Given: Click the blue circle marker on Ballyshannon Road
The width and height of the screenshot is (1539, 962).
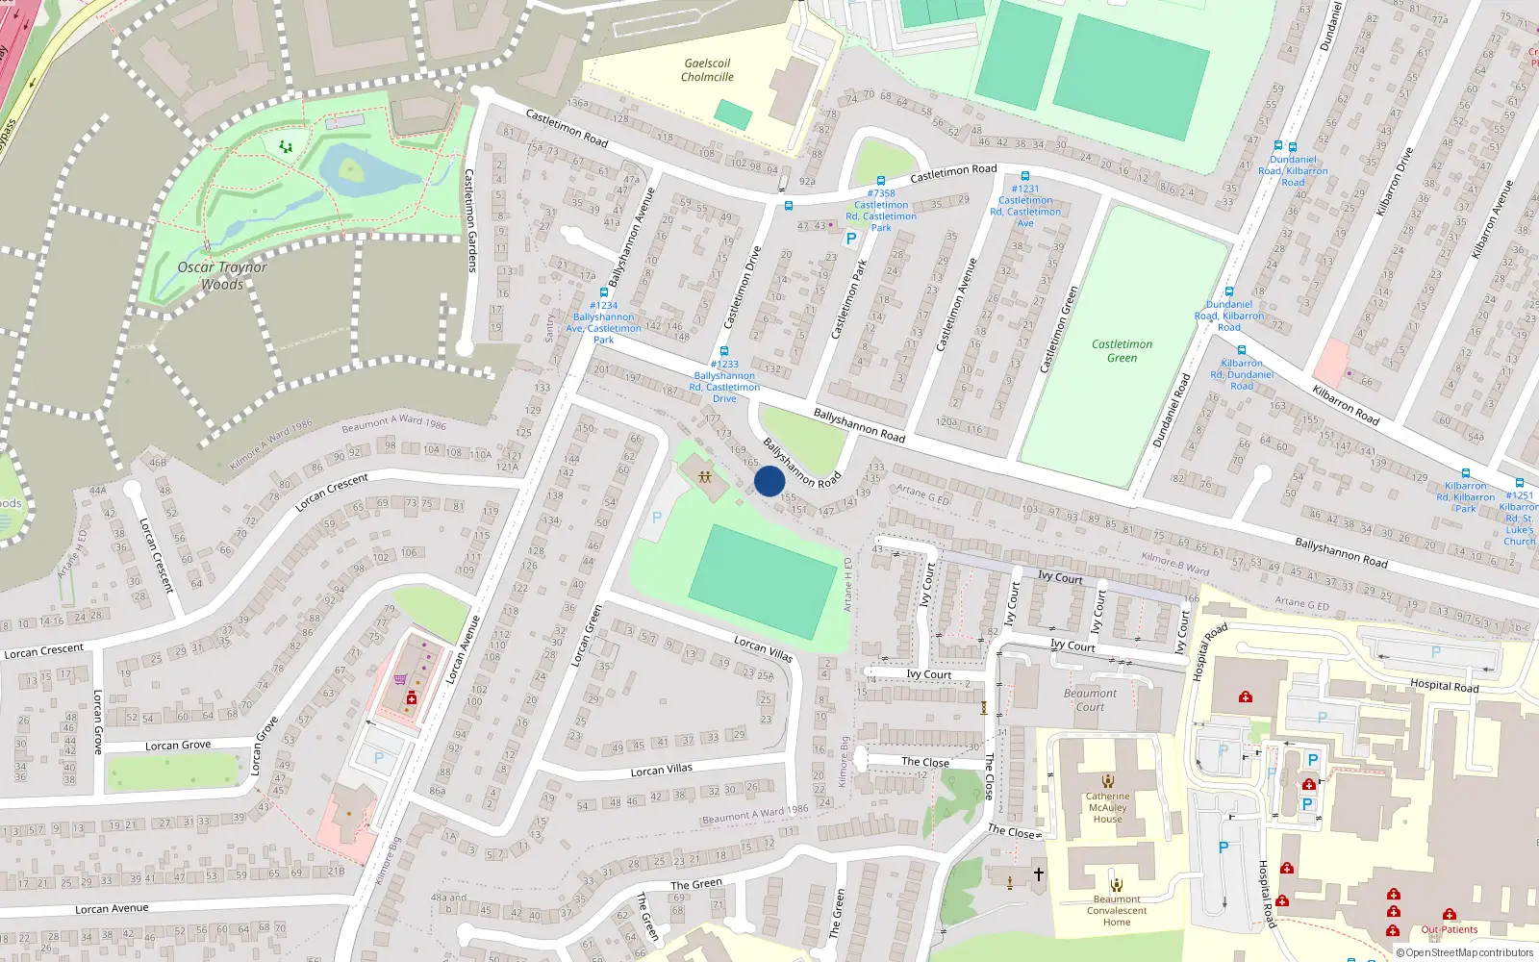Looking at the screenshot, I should pyautogui.click(x=769, y=481).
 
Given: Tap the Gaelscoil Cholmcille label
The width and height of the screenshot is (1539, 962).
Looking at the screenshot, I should pyautogui.click(x=707, y=70).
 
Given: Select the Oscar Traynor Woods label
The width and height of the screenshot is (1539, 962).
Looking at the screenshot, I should pyautogui.click(x=222, y=275).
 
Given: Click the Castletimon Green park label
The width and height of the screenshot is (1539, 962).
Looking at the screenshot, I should pyautogui.click(x=1122, y=350).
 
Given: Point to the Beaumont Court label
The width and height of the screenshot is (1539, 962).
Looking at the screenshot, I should pyautogui.click(x=1090, y=699).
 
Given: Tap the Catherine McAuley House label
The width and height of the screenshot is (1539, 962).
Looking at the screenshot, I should pyautogui.click(x=1107, y=807).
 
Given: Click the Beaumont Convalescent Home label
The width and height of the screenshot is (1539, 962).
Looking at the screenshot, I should pyautogui.click(x=1117, y=910).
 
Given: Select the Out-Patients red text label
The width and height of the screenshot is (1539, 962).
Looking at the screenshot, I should pyautogui.click(x=1450, y=929).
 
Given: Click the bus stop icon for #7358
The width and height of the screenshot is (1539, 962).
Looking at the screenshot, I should pyautogui.click(x=881, y=180).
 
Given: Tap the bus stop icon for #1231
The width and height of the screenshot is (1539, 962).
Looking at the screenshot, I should pyautogui.click(x=1025, y=176).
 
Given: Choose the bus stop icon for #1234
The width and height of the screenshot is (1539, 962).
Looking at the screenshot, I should pyautogui.click(x=603, y=292).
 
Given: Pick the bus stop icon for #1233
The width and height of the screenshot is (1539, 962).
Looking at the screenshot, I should pyautogui.click(x=724, y=351).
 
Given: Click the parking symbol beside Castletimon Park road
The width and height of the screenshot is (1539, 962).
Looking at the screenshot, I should pyautogui.click(x=850, y=239).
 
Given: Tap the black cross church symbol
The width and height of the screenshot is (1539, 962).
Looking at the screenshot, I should pyautogui.click(x=1039, y=874).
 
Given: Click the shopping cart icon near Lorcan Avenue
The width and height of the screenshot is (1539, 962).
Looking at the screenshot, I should pyautogui.click(x=400, y=679).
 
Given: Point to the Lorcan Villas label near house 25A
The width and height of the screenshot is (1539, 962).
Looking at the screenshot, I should pyautogui.click(x=763, y=649).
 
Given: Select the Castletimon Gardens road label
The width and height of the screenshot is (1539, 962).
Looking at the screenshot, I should pyautogui.click(x=469, y=220).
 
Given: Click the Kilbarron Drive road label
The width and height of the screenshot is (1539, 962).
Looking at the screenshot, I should pyautogui.click(x=1395, y=181).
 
